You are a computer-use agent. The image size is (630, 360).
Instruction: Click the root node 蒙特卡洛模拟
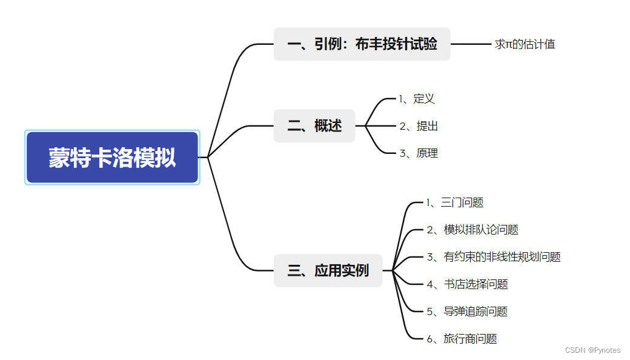point(112,158)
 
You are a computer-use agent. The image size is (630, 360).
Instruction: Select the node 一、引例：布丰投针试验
point(362,44)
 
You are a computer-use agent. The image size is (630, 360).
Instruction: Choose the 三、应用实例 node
point(328,270)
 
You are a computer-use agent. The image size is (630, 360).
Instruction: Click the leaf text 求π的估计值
point(525,44)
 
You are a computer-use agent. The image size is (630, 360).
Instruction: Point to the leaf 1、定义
point(417,98)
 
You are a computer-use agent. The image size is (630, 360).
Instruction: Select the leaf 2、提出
point(418,126)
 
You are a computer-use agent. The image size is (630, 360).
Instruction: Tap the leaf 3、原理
point(418,153)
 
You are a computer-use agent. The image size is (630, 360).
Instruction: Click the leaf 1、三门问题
point(454,202)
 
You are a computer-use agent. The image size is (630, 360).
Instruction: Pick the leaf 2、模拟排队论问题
point(472,230)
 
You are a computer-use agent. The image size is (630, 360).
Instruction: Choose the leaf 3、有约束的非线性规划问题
point(493,257)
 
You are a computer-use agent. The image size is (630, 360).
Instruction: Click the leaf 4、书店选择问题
point(466,284)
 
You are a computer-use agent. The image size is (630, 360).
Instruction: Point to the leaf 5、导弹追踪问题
point(466,312)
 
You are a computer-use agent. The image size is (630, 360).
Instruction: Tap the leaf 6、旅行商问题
point(461,339)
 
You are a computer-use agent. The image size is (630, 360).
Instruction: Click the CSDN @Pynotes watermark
point(592,350)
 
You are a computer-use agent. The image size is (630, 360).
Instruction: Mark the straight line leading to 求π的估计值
point(471,44)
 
